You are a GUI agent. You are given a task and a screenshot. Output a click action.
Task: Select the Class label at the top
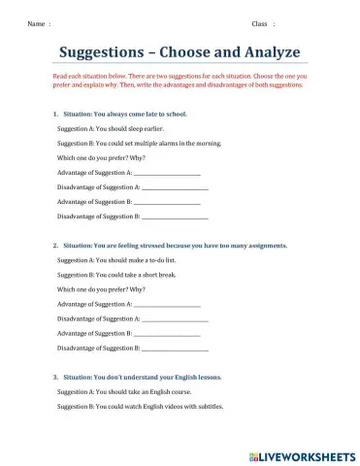coord(259,22)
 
